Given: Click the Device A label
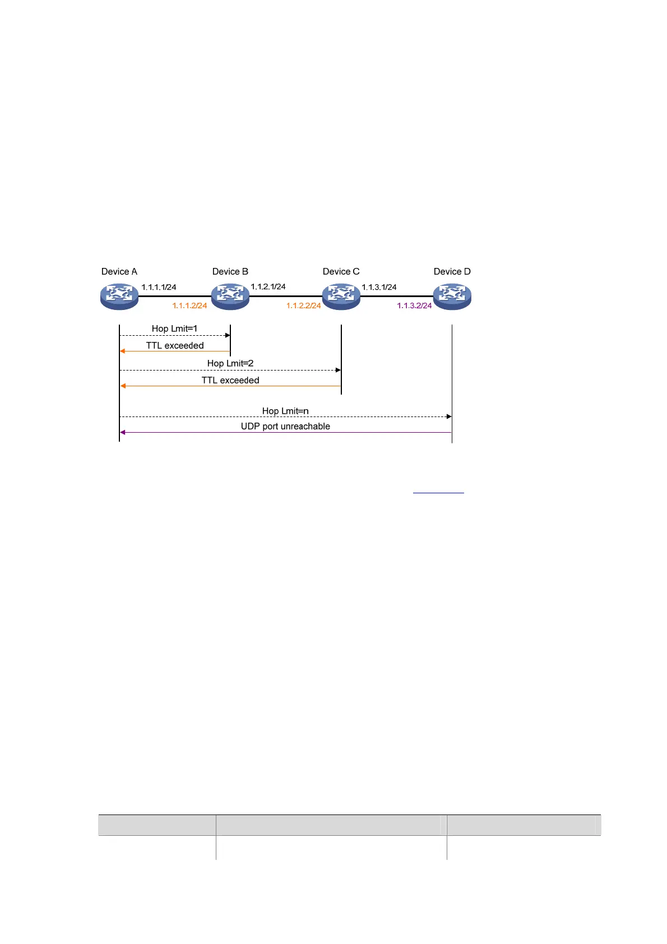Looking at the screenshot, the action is (119, 271).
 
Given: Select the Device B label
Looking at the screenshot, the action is (230, 271).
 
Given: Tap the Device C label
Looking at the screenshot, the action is (341, 271).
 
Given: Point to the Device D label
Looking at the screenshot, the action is (452, 271).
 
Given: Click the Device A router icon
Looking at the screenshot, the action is (119, 297).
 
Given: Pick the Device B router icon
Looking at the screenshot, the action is (230, 297).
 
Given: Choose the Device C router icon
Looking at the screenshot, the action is (341, 297).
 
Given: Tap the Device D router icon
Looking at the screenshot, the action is (452, 297).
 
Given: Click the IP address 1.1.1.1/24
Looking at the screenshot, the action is (159, 287).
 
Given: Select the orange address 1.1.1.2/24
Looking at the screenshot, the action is (189, 306).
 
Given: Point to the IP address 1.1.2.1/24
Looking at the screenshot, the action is (268, 286).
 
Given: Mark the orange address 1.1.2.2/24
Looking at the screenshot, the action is (303, 306).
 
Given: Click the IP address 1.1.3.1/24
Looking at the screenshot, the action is (379, 287).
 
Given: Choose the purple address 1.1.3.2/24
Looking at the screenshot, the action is (414, 306).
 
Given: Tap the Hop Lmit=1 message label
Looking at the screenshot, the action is (174, 328).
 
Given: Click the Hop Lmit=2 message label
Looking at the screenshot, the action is (230, 363).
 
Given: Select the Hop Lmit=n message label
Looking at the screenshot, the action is (285, 411).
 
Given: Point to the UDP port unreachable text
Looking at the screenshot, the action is (285, 426).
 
